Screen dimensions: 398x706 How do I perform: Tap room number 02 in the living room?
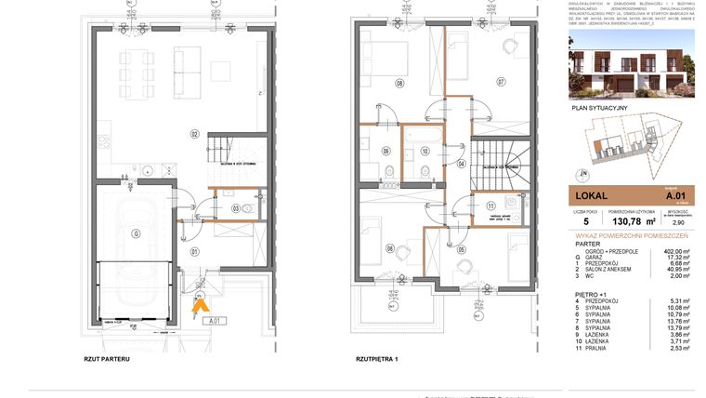(195, 135)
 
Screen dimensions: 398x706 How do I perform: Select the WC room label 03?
(236, 207)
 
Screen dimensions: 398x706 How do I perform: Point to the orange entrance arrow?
(200, 300)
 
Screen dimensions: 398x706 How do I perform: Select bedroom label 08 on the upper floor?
(400, 83)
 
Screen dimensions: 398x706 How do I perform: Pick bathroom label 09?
(386, 150)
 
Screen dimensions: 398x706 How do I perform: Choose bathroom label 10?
(425, 150)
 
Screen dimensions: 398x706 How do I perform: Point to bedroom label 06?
(390, 248)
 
